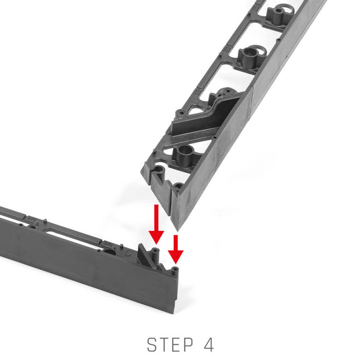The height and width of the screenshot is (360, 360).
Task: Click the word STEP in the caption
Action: (170, 345)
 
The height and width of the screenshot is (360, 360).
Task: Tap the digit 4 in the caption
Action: (209, 345)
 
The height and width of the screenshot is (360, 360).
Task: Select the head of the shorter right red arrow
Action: (176, 257)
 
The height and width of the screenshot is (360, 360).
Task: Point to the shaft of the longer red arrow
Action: (156, 217)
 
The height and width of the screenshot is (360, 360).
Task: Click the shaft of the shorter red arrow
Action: (176, 243)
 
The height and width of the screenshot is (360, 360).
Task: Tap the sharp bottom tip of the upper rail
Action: (177, 230)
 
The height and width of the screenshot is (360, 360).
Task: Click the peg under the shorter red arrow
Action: (175, 271)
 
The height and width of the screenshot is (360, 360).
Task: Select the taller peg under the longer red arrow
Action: (155, 256)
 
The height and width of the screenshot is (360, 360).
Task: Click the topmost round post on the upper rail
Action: (279, 14)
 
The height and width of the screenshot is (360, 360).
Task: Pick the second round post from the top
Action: (250, 57)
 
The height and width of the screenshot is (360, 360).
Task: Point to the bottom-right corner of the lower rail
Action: (174, 314)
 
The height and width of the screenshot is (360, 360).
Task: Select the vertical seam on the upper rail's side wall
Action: (252, 101)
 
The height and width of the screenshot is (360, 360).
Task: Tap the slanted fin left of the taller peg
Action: (143, 254)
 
